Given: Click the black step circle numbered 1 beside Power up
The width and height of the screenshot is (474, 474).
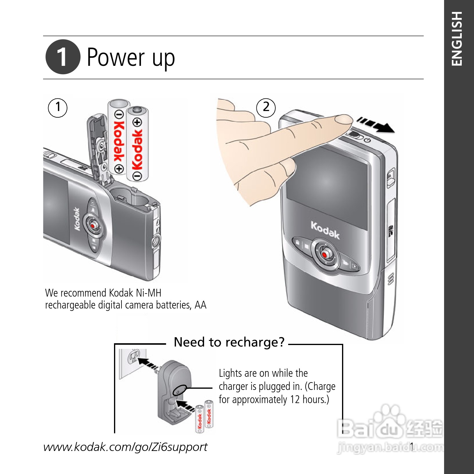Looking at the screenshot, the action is coord(63,57).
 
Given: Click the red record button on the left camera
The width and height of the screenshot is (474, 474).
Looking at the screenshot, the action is coord(93,225).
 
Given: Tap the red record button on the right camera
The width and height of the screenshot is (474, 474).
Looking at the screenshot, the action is coord(324,254).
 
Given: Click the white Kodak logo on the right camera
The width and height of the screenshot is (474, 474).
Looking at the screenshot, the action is coord(325,230).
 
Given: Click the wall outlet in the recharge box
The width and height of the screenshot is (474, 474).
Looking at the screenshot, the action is coord(133,356).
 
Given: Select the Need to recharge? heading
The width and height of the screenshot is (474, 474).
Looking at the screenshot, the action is coord(229,342).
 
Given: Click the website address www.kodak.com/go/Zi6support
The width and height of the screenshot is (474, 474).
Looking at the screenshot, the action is coord(125,447).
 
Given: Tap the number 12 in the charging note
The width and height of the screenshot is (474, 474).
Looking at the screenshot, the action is coord(294,399).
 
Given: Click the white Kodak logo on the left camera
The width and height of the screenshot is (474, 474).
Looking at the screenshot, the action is coord(77,219).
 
